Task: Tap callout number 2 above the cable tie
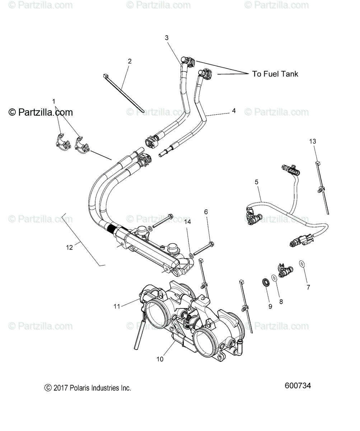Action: tap(130, 61)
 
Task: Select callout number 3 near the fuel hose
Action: tap(167, 38)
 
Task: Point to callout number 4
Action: tap(234, 111)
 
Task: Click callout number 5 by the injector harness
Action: tap(257, 182)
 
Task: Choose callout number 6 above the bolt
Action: tap(206, 212)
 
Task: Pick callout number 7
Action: tap(308, 287)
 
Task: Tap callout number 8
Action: tap(281, 302)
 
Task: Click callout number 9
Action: tap(270, 306)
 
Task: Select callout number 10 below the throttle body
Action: tap(160, 359)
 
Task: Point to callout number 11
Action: tap(117, 306)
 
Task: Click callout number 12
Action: tap(69, 247)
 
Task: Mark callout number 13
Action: tap(313, 141)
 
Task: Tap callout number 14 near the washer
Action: tap(188, 222)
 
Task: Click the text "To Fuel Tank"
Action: tap(275, 74)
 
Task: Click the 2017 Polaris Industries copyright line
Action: tap(88, 388)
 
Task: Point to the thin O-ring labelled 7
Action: tap(302, 264)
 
